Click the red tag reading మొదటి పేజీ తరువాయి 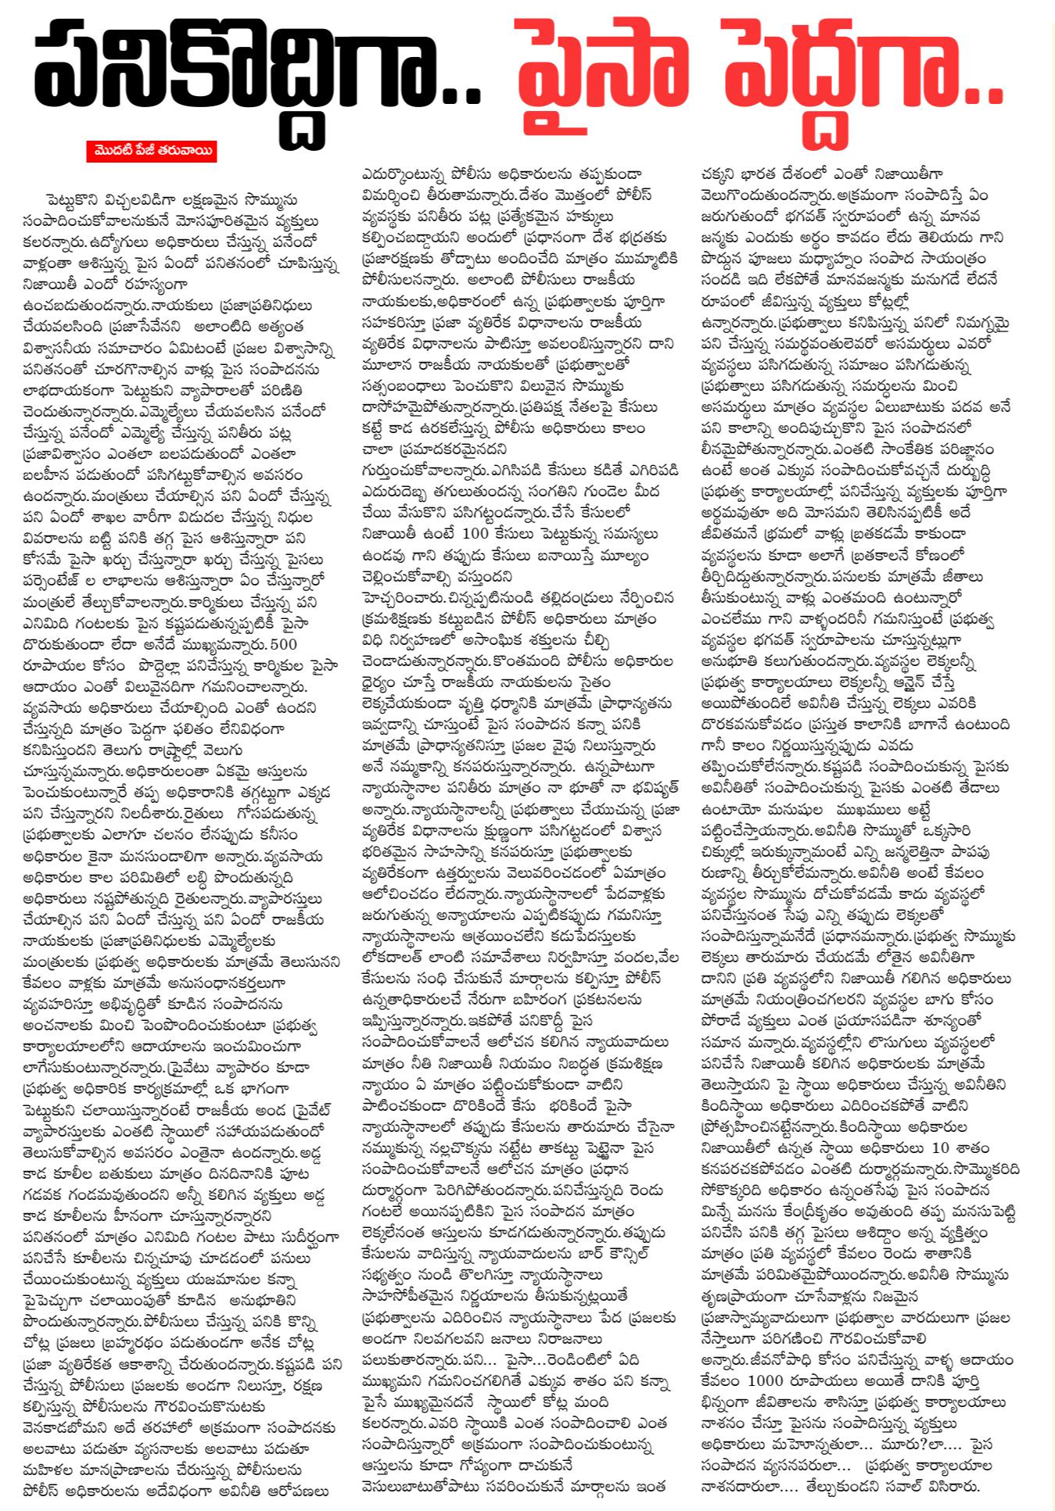(x=152, y=151)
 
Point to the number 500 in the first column (x=283, y=644)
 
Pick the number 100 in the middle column (x=475, y=534)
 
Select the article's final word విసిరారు (x=951, y=1487)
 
